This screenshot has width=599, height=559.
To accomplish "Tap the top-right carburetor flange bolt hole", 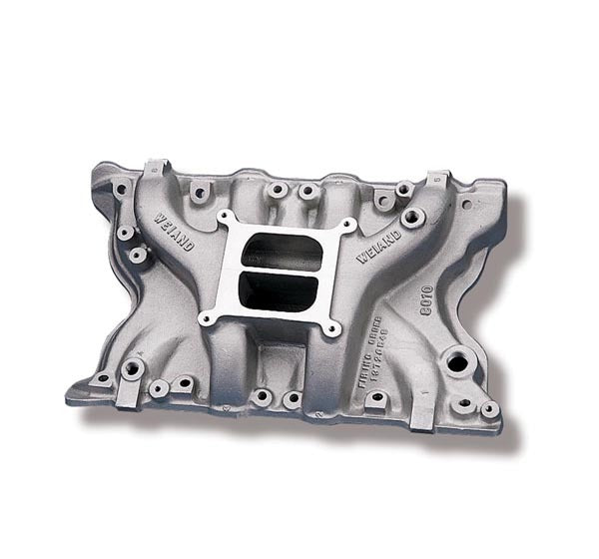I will pos(343,228).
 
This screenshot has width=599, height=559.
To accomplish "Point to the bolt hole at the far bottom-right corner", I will pos(488,409).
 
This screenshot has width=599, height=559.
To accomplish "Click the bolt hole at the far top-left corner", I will pos(120,187).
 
